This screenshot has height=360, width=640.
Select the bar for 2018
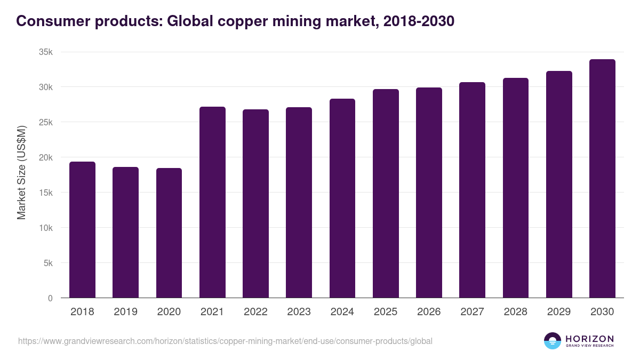(x=82, y=230)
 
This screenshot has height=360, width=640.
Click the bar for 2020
(x=169, y=233)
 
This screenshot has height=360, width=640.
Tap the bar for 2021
(x=212, y=202)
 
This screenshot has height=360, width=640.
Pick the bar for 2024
(x=342, y=198)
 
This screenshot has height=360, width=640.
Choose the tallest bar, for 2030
(x=602, y=179)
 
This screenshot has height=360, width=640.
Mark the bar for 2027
(x=472, y=190)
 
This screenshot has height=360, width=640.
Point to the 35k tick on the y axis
(x=45, y=52)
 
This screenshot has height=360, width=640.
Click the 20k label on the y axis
(x=45, y=157)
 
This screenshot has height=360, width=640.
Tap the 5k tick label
(x=47, y=263)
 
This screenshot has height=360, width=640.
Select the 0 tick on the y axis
(x=50, y=298)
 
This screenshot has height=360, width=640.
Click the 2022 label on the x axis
(x=255, y=312)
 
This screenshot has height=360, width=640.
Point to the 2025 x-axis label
(x=386, y=312)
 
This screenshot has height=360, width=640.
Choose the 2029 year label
(x=559, y=312)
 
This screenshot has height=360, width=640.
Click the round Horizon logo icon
(x=553, y=341)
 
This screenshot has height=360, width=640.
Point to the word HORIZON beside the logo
(x=589, y=338)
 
